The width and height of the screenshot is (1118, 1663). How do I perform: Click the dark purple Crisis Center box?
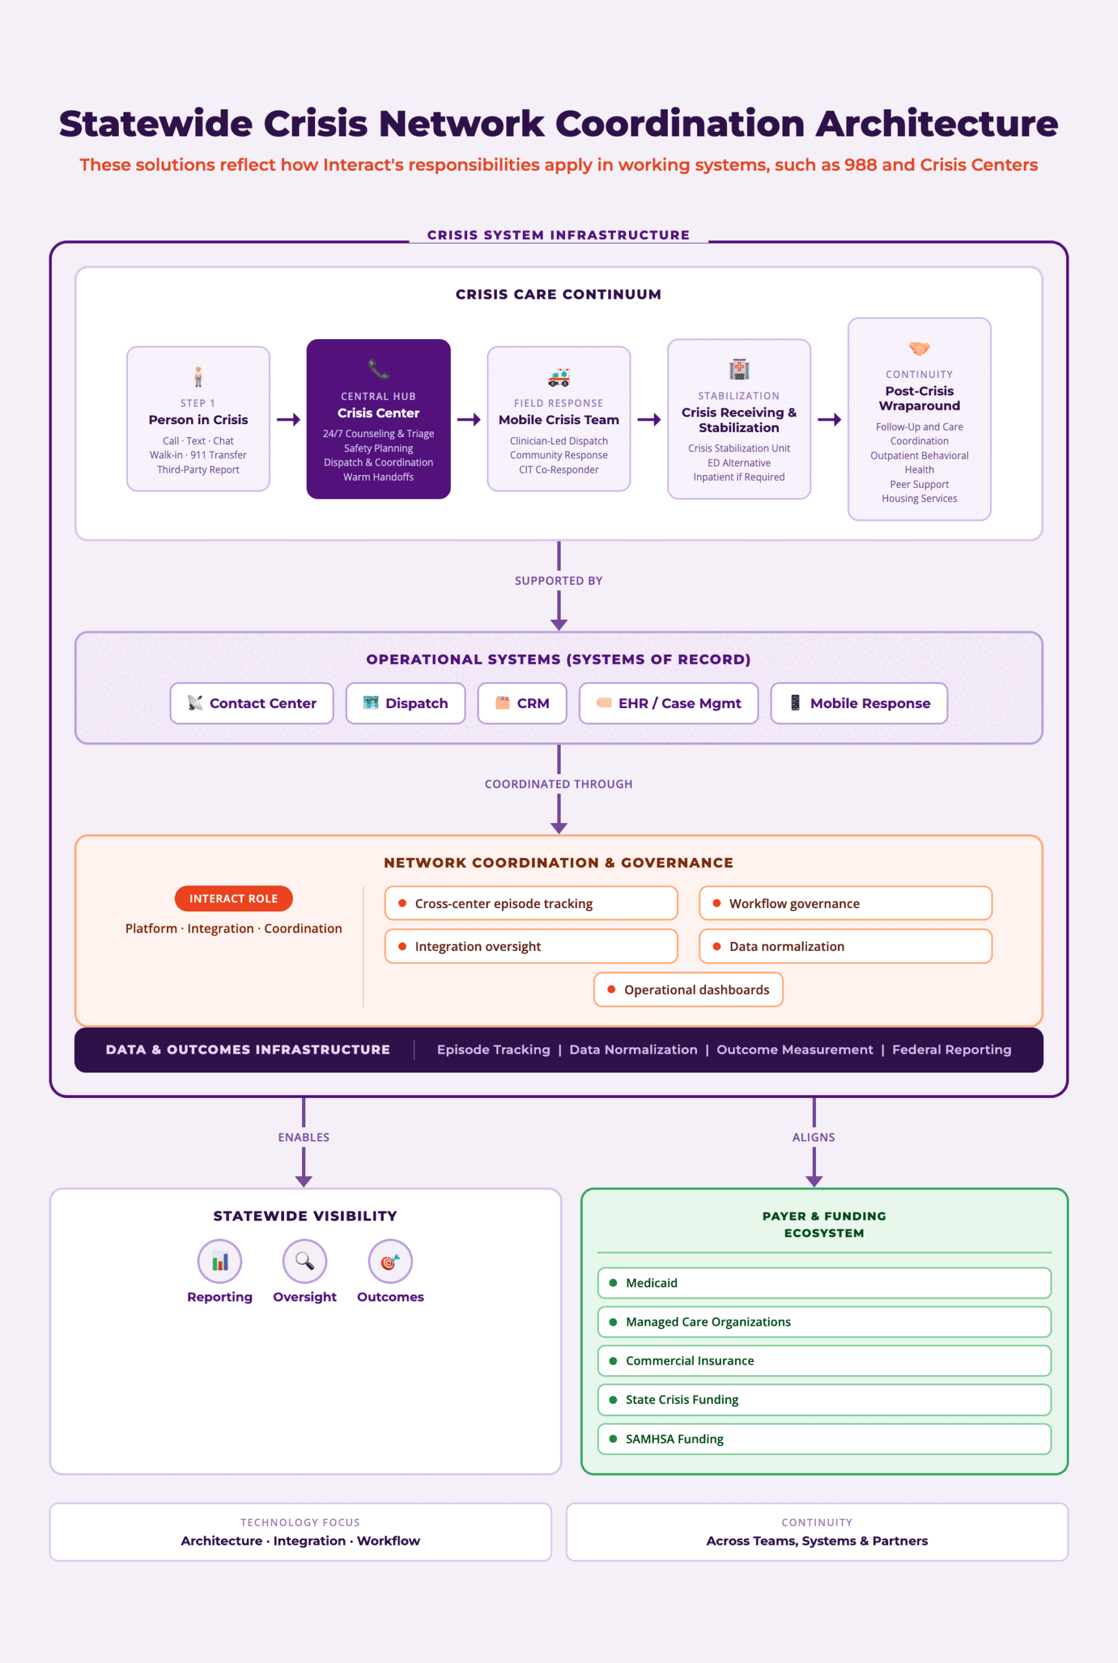(x=378, y=419)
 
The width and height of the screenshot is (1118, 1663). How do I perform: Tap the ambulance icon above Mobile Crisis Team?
(x=558, y=377)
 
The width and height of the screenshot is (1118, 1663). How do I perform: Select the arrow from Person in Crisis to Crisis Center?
(x=288, y=420)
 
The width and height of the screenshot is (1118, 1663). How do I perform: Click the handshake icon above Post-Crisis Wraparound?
(x=919, y=349)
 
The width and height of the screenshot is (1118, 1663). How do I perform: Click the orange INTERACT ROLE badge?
(x=233, y=899)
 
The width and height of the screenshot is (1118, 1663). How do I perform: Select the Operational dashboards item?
(x=688, y=990)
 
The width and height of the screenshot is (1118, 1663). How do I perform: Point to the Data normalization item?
(x=845, y=946)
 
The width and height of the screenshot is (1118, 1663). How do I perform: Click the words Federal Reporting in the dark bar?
(x=951, y=1050)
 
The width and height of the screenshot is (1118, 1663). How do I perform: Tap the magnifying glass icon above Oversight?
(x=305, y=1261)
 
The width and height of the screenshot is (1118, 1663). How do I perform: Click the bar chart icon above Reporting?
(x=220, y=1262)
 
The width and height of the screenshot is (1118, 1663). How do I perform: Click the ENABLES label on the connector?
(x=304, y=1137)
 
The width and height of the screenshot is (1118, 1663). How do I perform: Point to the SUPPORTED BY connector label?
(x=558, y=581)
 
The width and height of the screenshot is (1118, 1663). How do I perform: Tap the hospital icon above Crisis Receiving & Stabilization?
(x=739, y=369)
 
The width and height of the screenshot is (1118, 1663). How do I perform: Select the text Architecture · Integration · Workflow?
(x=300, y=1541)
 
